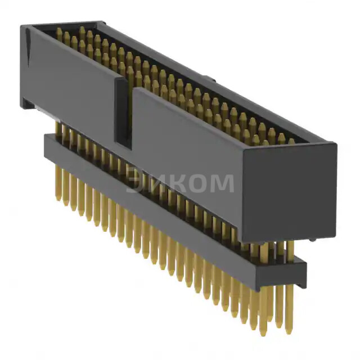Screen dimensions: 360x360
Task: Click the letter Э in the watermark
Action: tap(135, 183)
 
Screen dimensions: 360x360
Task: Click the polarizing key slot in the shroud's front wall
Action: tap(124, 112)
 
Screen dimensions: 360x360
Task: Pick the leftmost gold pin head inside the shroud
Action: tap(58, 33)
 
